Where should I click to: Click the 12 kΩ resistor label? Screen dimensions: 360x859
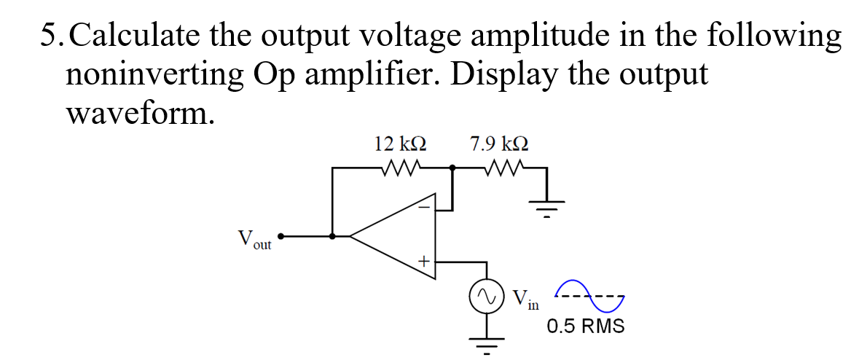pyautogui.click(x=400, y=143)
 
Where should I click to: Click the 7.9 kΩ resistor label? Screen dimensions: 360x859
pyautogui.click(x=499, y=143)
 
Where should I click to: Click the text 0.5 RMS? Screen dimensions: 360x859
pyautogui.click(x=586, y=326)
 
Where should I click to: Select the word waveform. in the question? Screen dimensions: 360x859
pyautogui.click(x=140, y=113)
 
